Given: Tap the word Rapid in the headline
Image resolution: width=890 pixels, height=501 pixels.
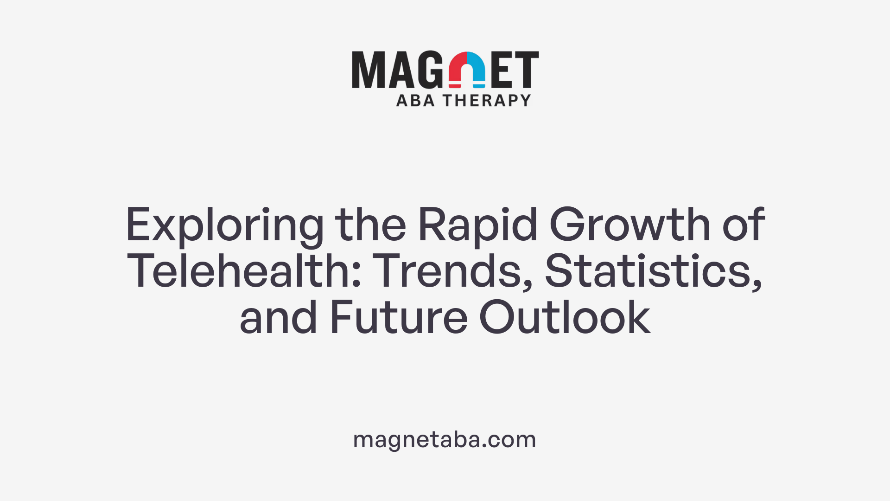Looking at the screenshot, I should (x=477, y=226).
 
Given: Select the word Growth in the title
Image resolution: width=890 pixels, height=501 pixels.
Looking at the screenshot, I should (x=629, y=225).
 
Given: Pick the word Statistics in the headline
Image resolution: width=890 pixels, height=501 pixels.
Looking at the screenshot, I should (x=653, y=271).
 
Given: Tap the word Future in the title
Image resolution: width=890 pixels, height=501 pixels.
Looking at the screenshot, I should (x=399, y=318).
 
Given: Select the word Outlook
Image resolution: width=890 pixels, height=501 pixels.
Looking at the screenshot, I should (x=565, y=318).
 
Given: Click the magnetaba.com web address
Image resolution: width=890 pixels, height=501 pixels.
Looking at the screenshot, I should (x=445, y=439).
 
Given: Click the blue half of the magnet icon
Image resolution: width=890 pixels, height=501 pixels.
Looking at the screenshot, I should (x=477, y=70).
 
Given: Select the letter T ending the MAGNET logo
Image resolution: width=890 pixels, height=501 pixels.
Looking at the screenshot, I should (x=526, y=70).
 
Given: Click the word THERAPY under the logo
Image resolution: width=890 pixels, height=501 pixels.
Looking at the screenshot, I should (x=487, y=100).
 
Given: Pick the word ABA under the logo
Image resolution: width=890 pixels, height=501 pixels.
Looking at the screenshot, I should (x=415, y=100).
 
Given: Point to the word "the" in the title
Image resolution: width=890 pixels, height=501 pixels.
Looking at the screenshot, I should (x=370, y=225).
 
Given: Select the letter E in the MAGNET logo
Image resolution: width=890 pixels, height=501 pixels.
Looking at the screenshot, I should (x=502, y=70).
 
